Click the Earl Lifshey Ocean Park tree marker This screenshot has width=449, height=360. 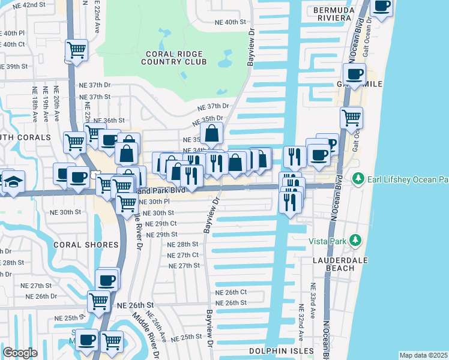point(358,179)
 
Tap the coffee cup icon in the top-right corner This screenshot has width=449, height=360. point(381,6)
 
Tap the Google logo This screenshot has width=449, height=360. point(20,353)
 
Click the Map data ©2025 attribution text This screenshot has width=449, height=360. point(423,355)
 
